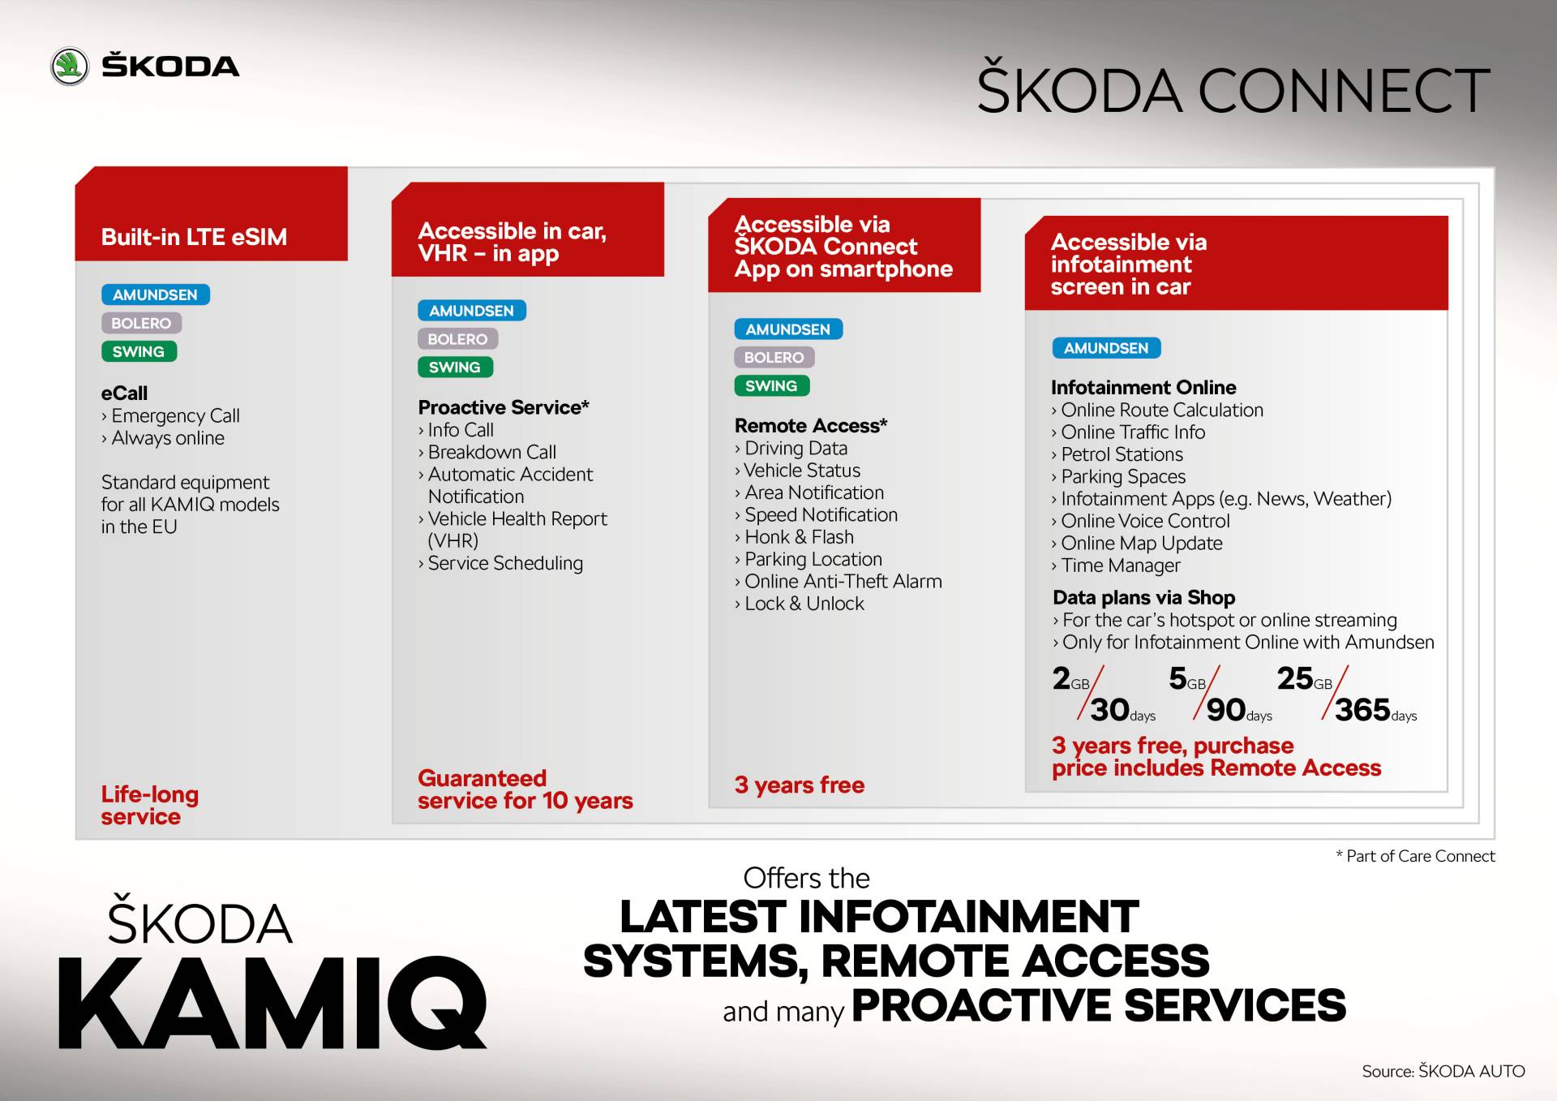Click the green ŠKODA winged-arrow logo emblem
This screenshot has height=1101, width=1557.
70,67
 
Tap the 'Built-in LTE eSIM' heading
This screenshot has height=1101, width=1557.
194,237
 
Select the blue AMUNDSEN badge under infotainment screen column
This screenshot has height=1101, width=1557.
1106,348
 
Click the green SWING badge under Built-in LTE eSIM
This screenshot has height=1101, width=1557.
139,351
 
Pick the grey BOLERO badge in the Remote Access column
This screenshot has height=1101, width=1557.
774,357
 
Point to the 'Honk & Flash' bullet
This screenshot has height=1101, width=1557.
798,537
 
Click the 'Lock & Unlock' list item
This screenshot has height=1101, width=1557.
804,604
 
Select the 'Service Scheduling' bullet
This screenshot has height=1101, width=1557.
504,563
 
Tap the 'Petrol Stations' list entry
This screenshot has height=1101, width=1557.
1121,454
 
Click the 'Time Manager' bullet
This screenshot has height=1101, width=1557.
1120,566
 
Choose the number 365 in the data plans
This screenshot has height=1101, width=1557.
1362,710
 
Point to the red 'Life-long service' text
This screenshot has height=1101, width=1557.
149,805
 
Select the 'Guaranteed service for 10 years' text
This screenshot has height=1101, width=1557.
524,789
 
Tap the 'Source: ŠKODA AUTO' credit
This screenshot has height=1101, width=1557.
1443,1071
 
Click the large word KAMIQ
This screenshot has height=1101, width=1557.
272,1004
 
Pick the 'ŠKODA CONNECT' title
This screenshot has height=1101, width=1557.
1233,90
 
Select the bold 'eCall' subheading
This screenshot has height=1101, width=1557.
124,394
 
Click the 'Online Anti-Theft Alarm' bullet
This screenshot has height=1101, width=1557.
843,582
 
